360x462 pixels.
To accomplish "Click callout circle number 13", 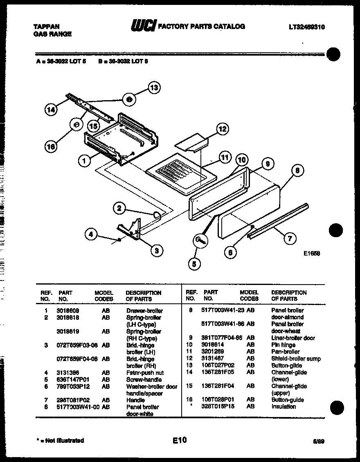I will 153,87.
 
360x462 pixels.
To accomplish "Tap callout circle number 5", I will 194,265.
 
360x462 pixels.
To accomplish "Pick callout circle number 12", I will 222,130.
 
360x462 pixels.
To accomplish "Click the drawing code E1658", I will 312,253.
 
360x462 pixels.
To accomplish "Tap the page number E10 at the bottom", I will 179,440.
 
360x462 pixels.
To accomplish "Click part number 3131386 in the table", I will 68,372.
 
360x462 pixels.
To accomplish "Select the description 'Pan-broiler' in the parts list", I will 285,352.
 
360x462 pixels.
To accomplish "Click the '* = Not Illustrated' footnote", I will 60,440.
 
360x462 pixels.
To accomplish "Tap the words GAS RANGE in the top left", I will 52,34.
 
